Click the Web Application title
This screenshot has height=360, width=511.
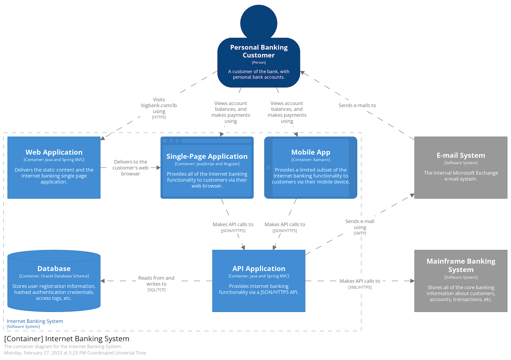tap(54, 152)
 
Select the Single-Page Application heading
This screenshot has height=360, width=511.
tap(207, 156)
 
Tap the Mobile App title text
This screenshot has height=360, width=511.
tap(310, 152)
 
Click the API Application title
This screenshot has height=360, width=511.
tap(259, 269)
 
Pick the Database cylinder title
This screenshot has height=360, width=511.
tap(54, 269)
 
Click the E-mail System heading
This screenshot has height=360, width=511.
tap(461, 155)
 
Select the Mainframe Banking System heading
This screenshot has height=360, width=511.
tap(461, 265)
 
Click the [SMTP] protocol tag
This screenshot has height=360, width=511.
tap(360, 233)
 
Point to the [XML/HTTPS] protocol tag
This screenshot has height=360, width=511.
tap(360, 287)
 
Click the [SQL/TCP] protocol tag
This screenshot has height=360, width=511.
tap(156, 290)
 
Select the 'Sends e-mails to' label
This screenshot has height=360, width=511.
tap(357, 105)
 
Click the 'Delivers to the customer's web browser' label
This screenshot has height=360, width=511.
tap(131, 168)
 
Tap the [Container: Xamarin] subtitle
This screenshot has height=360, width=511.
tap(310, 160)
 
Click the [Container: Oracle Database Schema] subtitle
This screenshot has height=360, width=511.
tap(54, 276)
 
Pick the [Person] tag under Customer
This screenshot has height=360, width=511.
tap(259, 63)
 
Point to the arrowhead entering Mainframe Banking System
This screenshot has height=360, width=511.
tap(412, 281)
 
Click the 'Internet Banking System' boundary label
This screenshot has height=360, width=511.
tap(35, 321)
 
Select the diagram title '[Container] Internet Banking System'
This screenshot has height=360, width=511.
tap(67, 339)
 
